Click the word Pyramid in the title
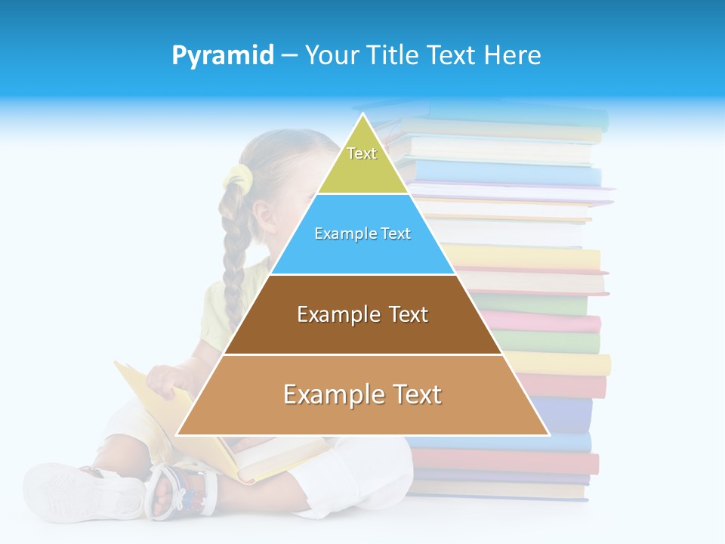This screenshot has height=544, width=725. pos(223,56)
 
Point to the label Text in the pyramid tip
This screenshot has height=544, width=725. pos(362,153)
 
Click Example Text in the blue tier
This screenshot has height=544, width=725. pos(362,233)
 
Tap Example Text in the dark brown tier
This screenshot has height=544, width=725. pos(362,314)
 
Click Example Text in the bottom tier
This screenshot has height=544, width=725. pos(362,394)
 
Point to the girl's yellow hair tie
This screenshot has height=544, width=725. pos(237,178)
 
